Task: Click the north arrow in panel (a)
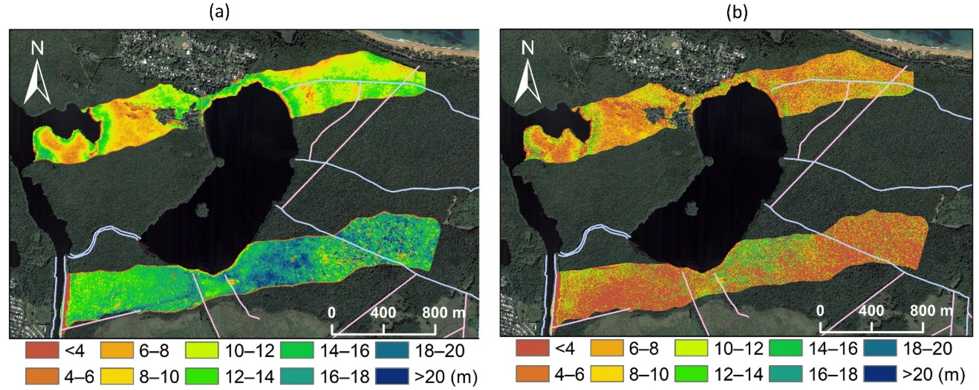37,85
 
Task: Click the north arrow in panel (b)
528,85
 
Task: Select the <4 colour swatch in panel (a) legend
42,350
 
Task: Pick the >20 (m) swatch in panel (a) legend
392,376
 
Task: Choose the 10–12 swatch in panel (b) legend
691,348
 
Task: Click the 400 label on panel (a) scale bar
383,313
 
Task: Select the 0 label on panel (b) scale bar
820,311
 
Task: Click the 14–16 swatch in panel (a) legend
297,350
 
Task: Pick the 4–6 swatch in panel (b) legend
532,374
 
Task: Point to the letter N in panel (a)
37,49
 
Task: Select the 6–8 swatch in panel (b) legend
607,348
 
